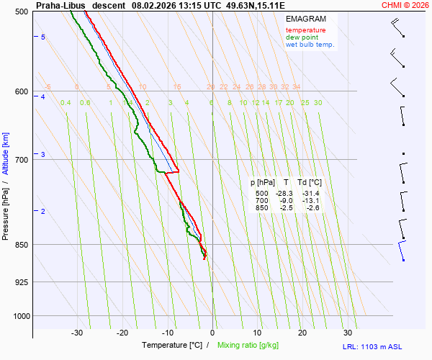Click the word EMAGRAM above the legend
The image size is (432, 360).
coord(305,19)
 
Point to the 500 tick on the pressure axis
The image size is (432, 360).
coord(21,12)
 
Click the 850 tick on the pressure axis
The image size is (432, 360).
coord(21,245)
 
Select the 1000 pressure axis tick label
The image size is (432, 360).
coord(19,316)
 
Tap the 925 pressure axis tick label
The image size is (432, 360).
coord(21,282)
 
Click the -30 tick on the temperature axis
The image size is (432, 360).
coord(77,333)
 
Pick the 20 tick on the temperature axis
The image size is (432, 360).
coord(302,333)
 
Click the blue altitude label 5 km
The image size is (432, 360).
coord(42,37)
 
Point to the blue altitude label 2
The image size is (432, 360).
coord(42,211)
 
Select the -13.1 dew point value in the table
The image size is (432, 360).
coord(310,201)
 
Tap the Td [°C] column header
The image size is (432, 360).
coord(310,183)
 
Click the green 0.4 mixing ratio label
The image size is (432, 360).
coord(66,103)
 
